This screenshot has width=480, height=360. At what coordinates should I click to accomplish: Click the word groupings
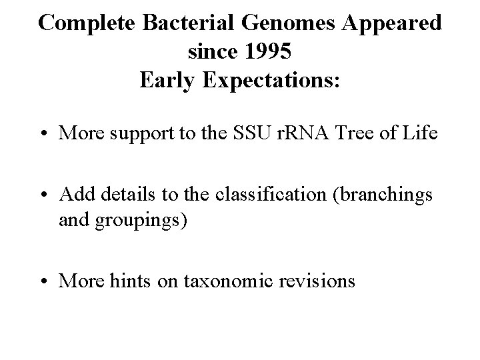click(x=138, y=219)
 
